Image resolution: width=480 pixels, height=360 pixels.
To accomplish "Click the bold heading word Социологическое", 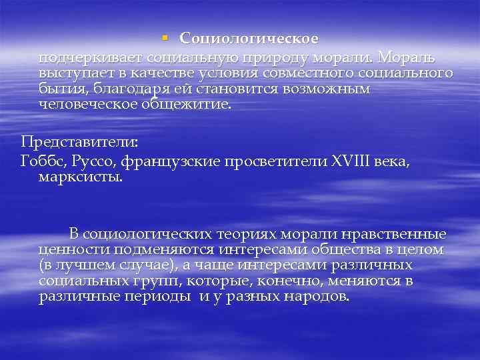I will [x=249, y=40].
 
